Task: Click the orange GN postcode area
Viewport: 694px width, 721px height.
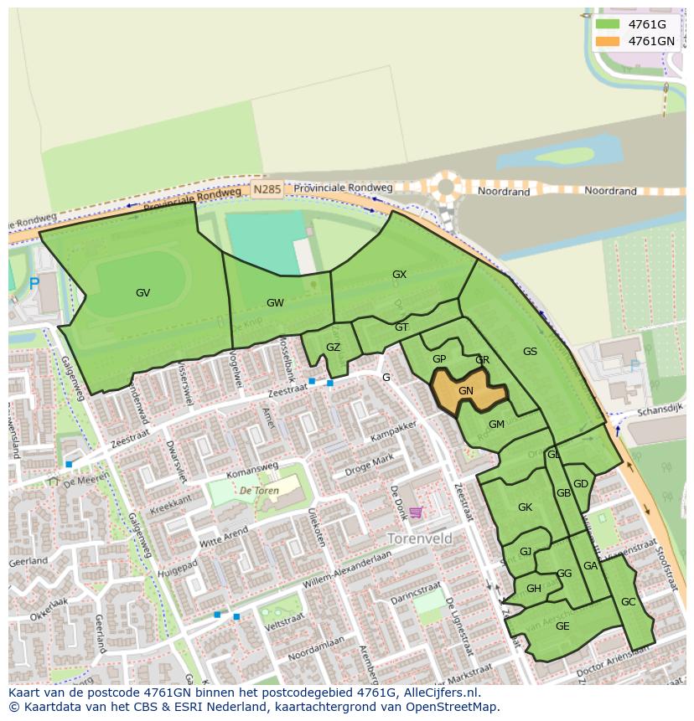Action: click(466, 391)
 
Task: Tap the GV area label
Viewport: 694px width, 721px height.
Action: click(142, 293)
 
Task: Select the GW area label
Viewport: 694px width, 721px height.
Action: click(275, 303)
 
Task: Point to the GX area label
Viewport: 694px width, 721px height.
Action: click(399, 275)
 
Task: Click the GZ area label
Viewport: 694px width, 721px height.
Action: click(333, 348)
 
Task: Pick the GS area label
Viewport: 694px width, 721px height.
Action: click(530, 352)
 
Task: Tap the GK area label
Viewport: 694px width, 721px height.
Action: click(525, 507)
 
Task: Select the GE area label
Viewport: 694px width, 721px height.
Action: click(562, 626)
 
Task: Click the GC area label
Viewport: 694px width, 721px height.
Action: click(629, 602)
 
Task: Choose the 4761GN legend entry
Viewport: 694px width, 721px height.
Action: click(651, 41)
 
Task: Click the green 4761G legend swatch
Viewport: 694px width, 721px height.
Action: click(608, 24)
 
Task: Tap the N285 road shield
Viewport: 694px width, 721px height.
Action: click(267, 190)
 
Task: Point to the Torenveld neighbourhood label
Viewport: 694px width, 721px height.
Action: click(419, 538)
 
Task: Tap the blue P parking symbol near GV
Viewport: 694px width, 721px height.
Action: click(34, 285)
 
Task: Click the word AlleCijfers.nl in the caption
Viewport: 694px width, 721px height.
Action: click(436, 693)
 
